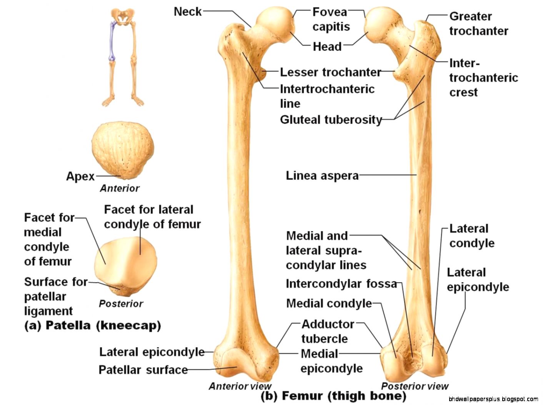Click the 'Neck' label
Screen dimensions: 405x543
[x=187, y=12]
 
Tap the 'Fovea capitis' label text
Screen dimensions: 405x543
[x=331, y=19]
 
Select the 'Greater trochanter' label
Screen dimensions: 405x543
[x=478, y=23]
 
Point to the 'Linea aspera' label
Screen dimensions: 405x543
[x=322, y=176]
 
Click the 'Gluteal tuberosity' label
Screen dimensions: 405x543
[x=331, y=120]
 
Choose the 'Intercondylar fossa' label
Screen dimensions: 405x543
[x=341, y=284]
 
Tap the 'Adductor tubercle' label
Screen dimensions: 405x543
[x=327, y=331]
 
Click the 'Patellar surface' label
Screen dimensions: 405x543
[x=143, y=370]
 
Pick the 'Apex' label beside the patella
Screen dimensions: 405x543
[x=80, y=176]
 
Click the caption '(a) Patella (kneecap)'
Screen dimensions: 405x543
[x=92, y=325]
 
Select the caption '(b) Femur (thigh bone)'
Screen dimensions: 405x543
[x=333, y=396]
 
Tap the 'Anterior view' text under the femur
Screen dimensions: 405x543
[x=240, y=386]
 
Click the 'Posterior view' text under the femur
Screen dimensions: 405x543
[x=415, y=386]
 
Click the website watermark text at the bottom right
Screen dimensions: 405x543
[x=493, y=399]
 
